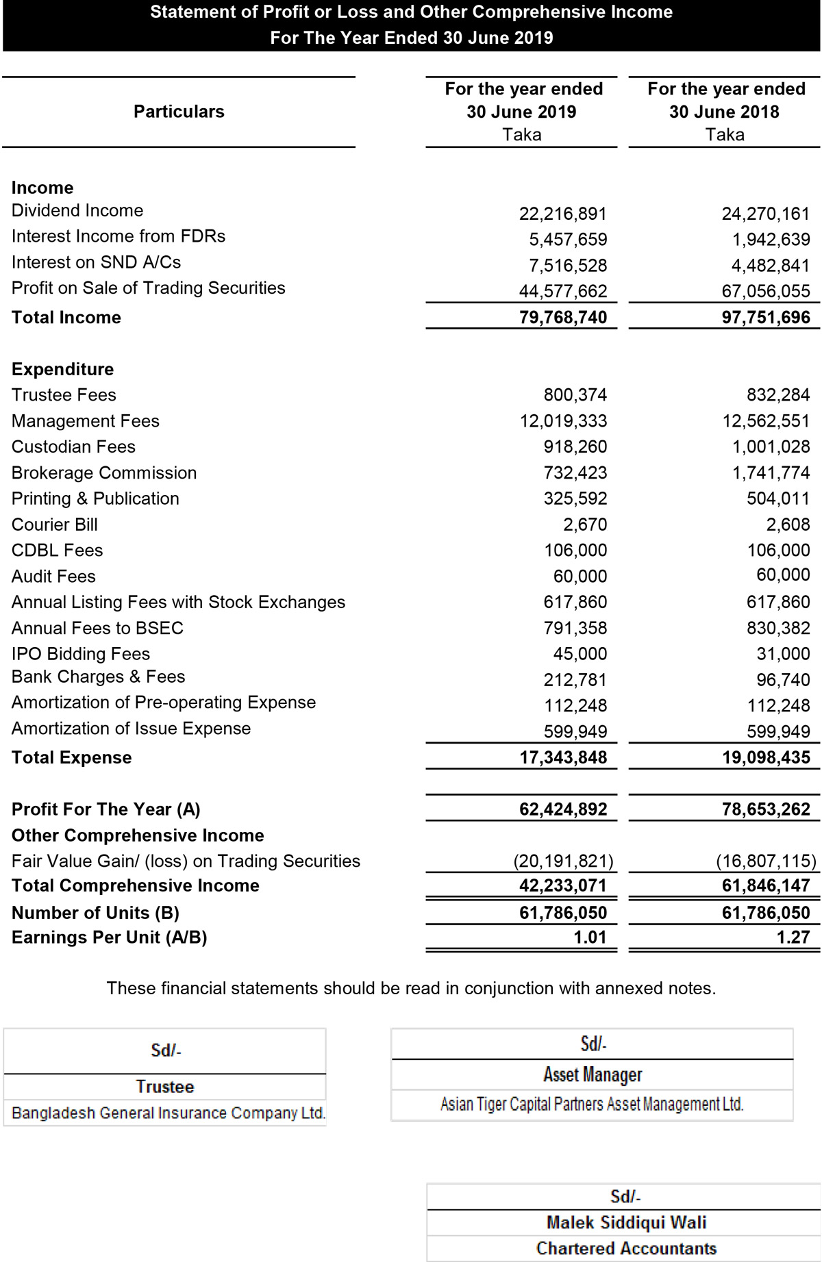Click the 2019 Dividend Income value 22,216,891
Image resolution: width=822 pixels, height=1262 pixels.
(x=562, y=214)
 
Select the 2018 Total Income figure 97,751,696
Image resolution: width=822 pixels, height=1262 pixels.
(x=765, y=317)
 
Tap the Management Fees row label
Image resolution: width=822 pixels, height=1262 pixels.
(x=86, y=421)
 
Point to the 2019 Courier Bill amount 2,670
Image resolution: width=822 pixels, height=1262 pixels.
(x=585, y=525)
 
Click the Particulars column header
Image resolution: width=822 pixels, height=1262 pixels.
(x=179, y=112)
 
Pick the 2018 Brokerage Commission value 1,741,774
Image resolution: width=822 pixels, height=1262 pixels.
(x=771, y=472)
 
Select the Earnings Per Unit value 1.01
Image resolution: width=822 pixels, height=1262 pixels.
(x=590, y=937)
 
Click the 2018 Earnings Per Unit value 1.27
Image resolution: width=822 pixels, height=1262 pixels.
(x=793, y=937)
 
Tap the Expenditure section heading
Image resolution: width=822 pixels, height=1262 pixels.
(x=63, y=369)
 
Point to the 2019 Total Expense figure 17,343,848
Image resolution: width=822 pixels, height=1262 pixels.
(x=562, y=757)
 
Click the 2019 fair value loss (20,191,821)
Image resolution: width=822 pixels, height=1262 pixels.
(x=563, y=861)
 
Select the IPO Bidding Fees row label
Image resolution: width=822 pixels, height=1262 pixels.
(x=81, y=654)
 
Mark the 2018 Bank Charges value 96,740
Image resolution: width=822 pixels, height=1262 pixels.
(x=783, y=680)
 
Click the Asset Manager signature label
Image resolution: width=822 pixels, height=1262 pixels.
(x=593, y=1074)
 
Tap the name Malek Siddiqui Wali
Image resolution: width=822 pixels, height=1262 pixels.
(x=626, y=1222)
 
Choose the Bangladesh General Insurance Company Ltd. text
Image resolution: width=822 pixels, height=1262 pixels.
(x=169, y=1113)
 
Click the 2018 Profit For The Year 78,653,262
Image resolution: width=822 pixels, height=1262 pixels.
(x=765, y=809)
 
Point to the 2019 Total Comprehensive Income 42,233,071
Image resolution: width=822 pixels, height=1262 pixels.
(x=562, y=885)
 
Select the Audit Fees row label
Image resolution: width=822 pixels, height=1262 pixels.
(x=53, y=577)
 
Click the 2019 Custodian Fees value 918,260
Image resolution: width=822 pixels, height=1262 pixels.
(x=575, y=447)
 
